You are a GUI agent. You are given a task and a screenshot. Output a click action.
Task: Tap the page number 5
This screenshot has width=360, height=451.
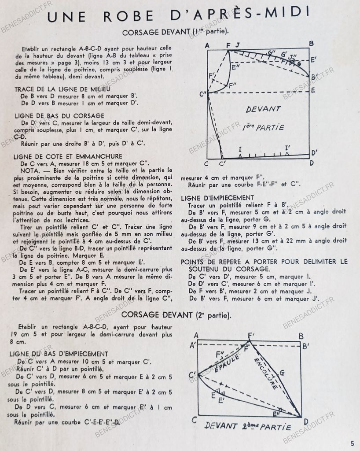[352, 443]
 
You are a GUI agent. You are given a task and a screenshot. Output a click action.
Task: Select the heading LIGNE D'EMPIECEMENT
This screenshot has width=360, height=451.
[217, 198]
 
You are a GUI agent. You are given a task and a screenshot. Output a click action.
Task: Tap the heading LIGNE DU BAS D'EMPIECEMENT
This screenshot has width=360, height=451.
[59, 354]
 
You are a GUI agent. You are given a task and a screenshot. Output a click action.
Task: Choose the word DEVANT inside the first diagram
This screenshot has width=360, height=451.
[263, 109]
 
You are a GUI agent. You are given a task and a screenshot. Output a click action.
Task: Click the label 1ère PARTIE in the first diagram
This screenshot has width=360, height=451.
[263, 127]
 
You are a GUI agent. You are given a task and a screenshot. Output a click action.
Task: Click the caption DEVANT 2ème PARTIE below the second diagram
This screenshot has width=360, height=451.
[248, 426]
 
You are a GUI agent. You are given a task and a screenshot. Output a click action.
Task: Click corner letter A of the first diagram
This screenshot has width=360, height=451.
[207, 44]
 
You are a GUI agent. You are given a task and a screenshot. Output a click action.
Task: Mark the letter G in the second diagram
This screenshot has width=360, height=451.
[282, 373]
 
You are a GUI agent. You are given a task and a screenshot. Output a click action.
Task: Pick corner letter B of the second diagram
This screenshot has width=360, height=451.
[301, 336]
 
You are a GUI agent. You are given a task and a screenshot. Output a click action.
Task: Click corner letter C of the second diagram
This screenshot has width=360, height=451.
[194, 419]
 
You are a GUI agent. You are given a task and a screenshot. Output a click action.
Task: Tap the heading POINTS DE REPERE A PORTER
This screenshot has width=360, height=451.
[264, 261]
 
